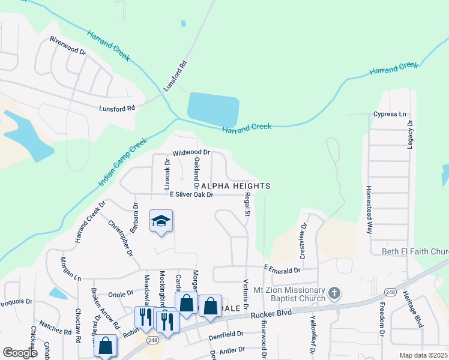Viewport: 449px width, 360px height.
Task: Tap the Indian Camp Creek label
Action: pos(121,163)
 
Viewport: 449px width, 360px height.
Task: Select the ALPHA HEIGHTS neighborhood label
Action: pos(235,186)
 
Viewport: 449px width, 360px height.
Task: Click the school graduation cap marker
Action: pos(160,221)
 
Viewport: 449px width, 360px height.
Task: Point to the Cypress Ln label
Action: pos(390,114)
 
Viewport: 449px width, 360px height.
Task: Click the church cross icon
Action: pos(334,294)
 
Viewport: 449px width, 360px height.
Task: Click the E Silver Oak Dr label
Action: pos(191,194)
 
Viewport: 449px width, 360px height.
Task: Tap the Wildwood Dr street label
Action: pos(191,153)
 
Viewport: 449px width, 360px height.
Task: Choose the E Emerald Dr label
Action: pos(282,271)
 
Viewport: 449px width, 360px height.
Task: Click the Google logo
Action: pos(20,353)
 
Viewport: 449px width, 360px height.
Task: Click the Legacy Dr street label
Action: pos(411,135)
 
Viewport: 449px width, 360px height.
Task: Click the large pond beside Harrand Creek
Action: pos(213,109)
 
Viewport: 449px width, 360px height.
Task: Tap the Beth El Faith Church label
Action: pos(415,251)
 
